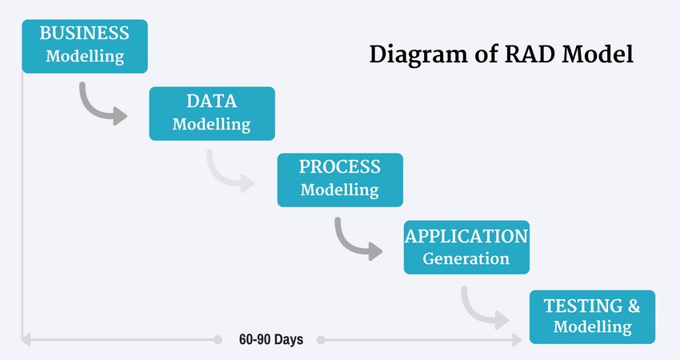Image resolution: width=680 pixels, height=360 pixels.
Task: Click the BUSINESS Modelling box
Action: tap(85, 46)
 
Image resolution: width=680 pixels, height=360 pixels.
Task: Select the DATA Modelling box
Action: tap(211, 113)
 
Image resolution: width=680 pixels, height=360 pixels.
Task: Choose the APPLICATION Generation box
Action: tap(466, 247)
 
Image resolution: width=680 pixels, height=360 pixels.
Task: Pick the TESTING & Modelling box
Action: tap(592, 316)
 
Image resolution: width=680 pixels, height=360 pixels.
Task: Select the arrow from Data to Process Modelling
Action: tap(229, 173)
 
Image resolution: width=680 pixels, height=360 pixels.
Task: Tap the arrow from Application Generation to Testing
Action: tap(483, 309)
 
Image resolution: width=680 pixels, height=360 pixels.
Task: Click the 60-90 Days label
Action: tap(270, 339)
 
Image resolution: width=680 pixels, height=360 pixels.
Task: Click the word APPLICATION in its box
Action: tap(466, 237)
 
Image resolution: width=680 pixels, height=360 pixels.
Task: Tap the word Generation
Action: tap(466, 258)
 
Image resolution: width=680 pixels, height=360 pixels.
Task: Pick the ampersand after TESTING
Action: tap(632, 306)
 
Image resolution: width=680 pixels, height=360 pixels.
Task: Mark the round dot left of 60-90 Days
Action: tap(218, 339)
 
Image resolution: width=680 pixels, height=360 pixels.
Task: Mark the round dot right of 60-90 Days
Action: tap(321, 339)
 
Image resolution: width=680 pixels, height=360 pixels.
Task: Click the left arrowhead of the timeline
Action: tap(26, 339)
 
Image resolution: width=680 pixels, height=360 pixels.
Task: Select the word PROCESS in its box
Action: tap(339, 167)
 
